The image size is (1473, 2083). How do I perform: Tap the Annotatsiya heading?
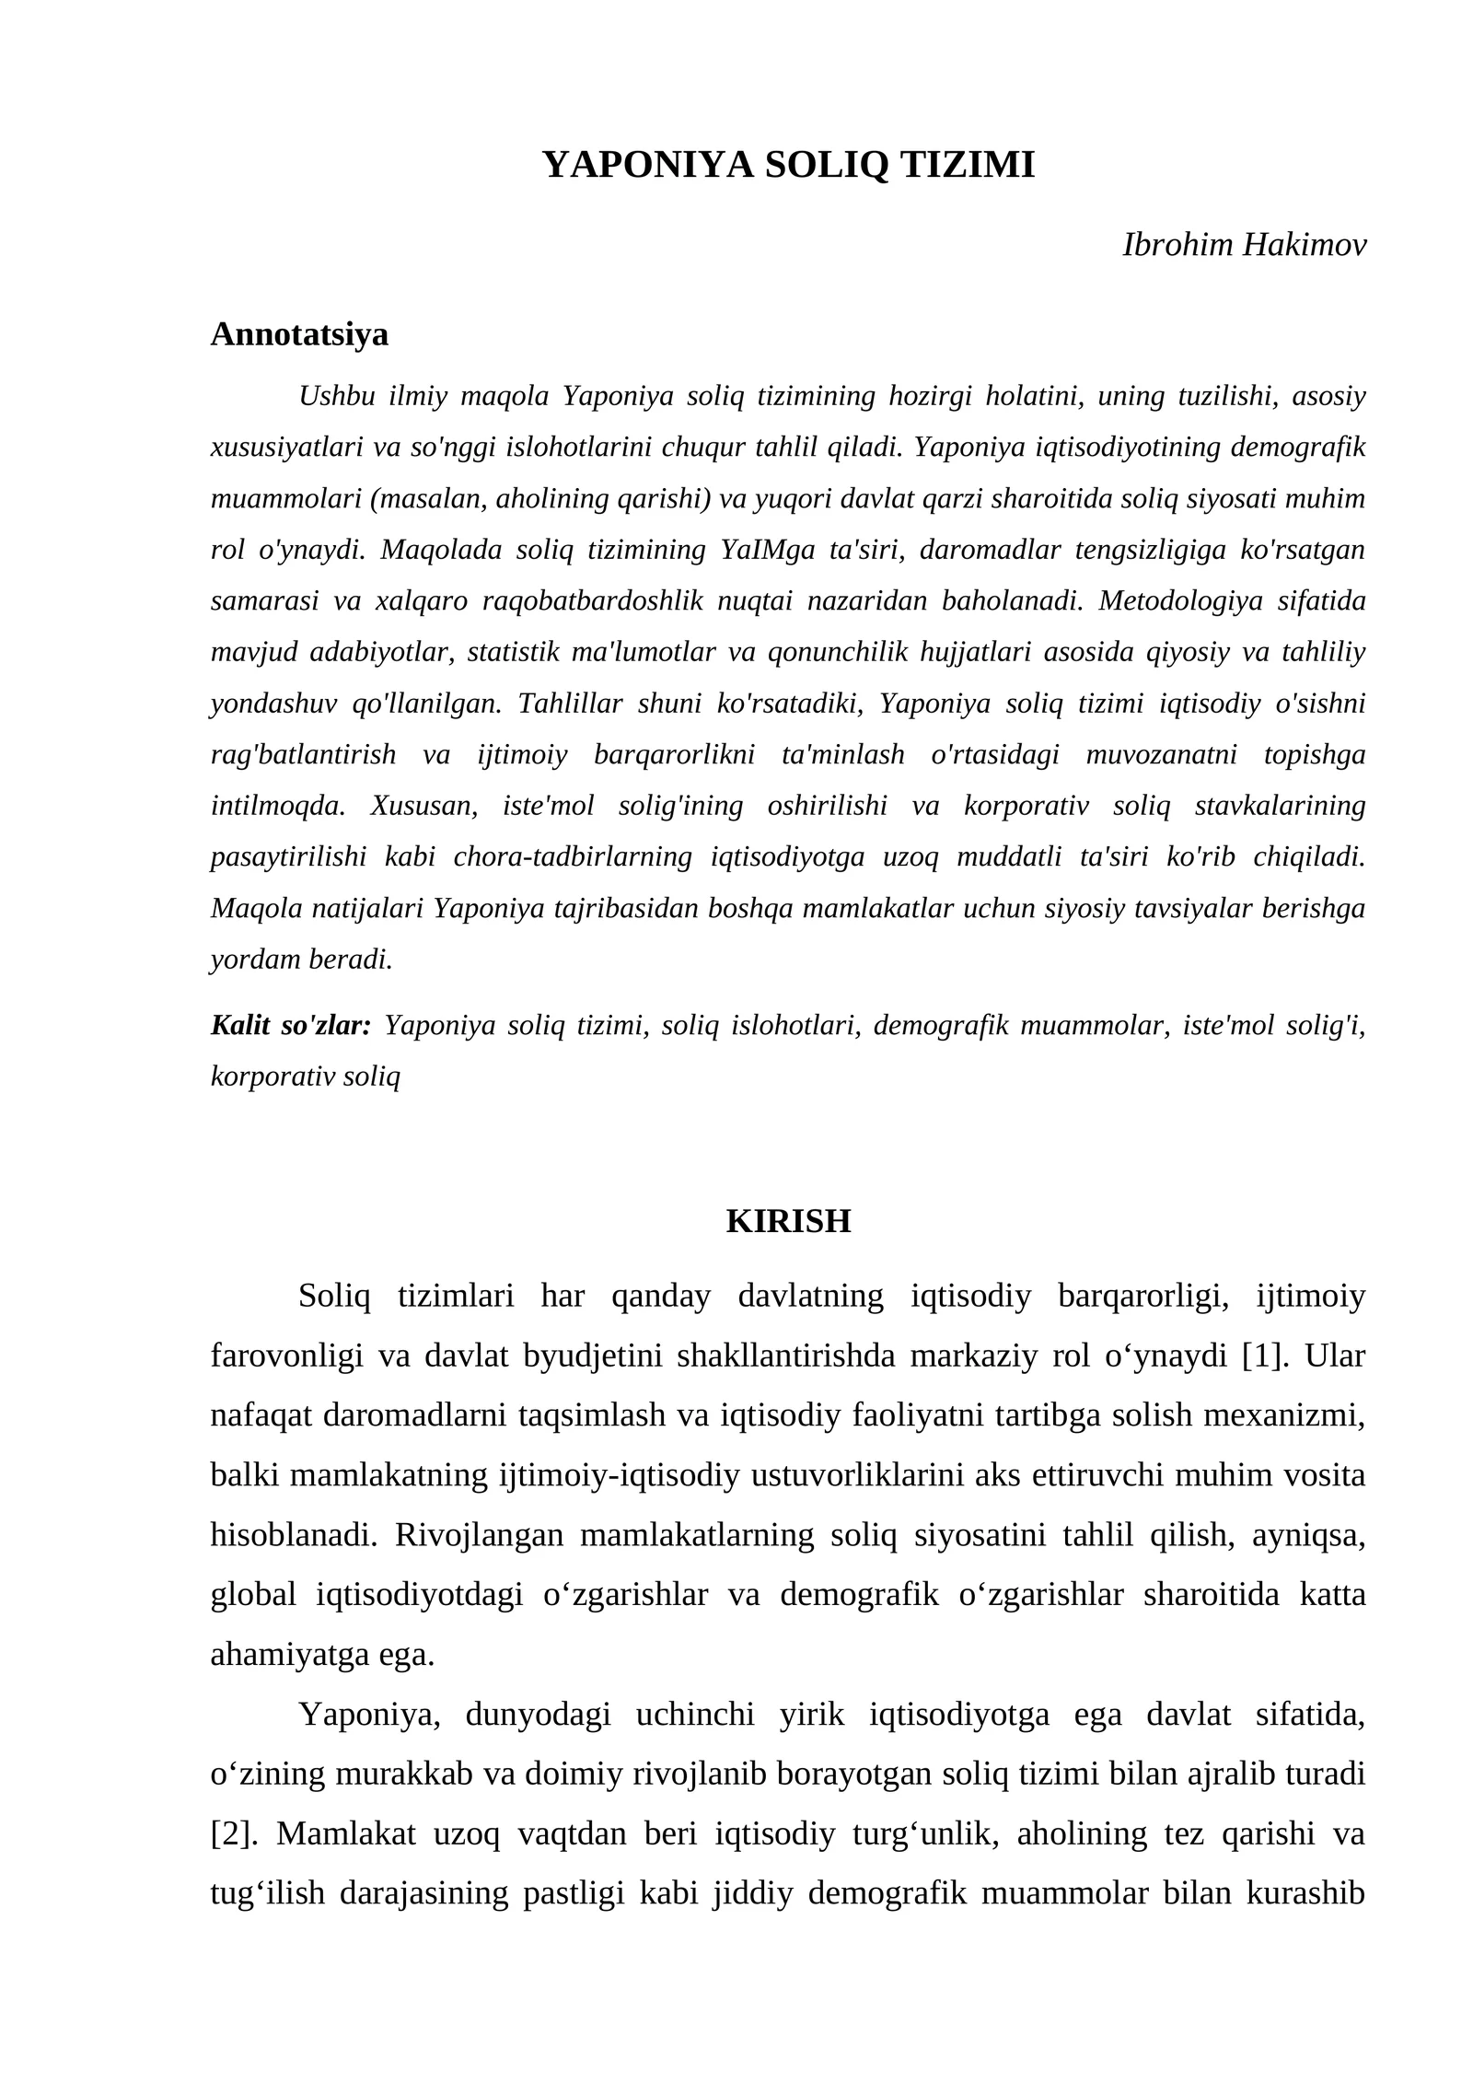[299, 334]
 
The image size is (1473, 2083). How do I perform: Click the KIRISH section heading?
[788, 1221]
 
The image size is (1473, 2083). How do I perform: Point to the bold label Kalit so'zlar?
[291, 1025]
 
